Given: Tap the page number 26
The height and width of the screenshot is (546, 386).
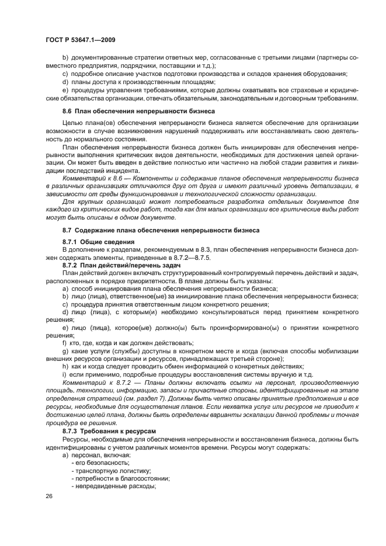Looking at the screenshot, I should point(48,495).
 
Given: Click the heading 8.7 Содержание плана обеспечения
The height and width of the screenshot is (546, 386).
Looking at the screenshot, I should point(161,229).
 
